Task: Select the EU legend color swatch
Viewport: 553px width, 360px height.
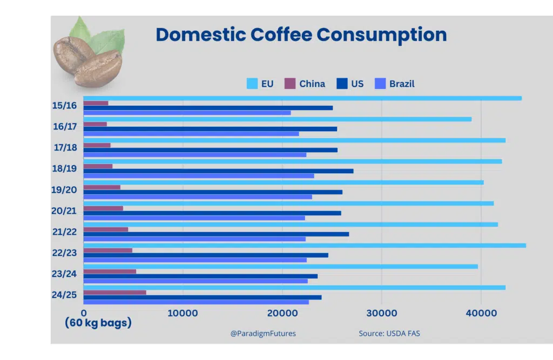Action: [x=252, y=84]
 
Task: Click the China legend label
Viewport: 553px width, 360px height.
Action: [x=312, y=84]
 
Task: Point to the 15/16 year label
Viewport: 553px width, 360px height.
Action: [x=64, y=105]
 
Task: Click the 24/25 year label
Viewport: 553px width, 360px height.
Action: [x=64, y=295]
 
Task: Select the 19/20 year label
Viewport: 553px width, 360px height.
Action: [x=64, y=189]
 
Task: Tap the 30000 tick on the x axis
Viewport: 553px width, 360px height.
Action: [x=381, y=314]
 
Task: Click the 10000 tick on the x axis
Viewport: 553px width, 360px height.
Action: [x=183, y=314]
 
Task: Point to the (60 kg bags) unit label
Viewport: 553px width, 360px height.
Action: [x=98, y=323]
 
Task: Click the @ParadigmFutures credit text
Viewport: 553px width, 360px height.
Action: [x=263, y=334]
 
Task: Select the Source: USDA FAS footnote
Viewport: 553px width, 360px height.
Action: [x=389, y=334]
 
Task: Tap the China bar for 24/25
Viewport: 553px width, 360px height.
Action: [x=115, y=293]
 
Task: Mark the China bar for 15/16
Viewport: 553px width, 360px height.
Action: [x=96, y=103]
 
